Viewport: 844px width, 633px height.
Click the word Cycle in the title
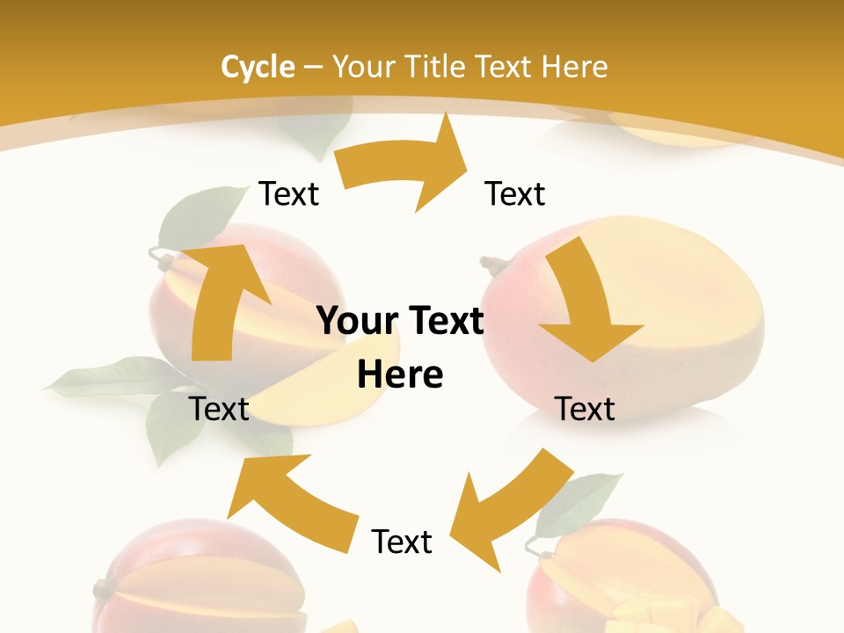coord(258,66)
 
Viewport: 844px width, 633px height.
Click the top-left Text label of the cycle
coord(288,193)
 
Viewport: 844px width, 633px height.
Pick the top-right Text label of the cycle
coord(515,193)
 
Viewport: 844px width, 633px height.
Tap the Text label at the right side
coord(585,409)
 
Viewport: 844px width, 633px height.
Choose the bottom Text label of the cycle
coord(402,542)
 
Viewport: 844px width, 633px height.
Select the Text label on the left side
coord(219,409)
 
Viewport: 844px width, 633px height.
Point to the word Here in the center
coord(400,375)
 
